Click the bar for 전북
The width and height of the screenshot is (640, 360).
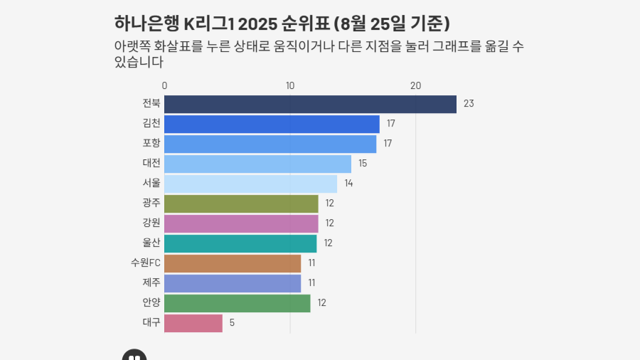click(x=310, y=104)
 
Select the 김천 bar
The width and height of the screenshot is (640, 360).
click(x=272, y=124)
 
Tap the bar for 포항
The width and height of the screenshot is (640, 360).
click(x=270, y=144)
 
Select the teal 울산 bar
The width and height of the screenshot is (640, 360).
click(x=240, y=243)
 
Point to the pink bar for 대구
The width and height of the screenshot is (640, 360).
click(x=193, y=323)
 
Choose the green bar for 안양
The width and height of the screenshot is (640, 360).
click(x=238, y=303)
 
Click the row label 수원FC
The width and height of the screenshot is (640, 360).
click(x=146, y=263)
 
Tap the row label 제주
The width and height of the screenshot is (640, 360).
click(x=151, y=283)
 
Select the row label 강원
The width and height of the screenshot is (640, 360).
click(x=151, y=223)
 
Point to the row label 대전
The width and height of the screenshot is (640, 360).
click(x=151, y=164)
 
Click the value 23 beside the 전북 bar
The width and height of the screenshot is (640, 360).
click(x=469, y=104)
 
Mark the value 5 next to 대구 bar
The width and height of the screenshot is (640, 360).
click(x=232, y=323)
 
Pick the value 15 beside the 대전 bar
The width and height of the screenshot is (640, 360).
click(x=363, y=164)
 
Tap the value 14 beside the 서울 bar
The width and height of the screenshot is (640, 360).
click(x=348, y=184)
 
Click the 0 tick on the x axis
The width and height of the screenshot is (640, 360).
click(x=165, y=86)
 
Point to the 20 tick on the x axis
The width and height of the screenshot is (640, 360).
click(x=416, y=86)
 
